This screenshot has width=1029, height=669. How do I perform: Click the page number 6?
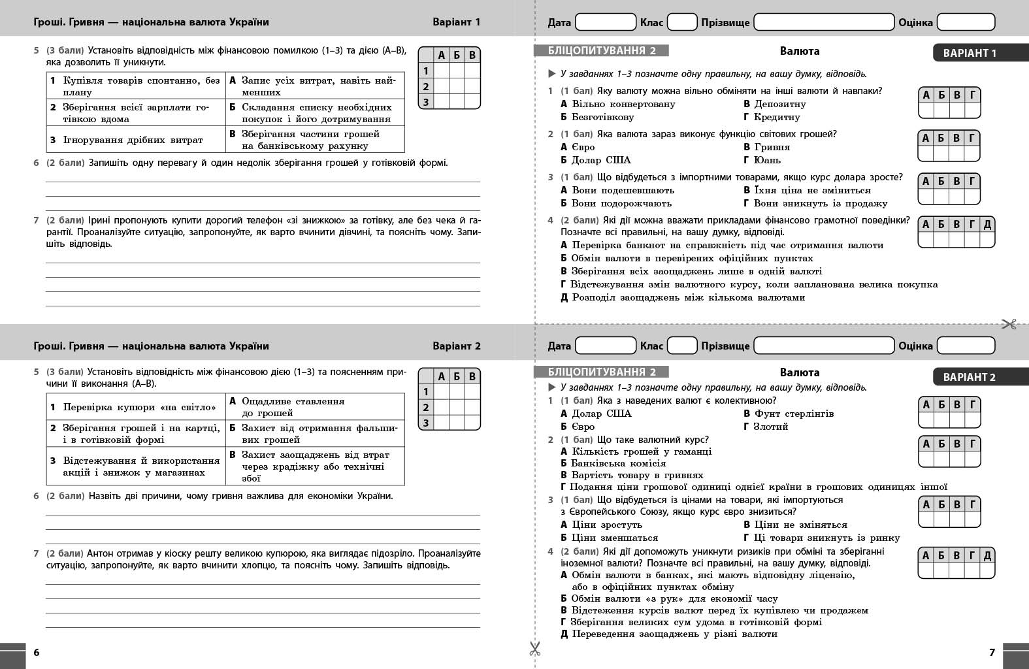click(x=37, y=652)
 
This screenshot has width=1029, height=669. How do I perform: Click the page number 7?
click(x=992, y=652)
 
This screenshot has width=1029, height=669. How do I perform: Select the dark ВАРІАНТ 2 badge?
click(x=970, y=377)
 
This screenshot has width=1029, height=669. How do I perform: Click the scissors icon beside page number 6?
click(x=535, y=649)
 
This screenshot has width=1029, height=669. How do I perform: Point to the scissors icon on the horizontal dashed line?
click(x=1009, y=323)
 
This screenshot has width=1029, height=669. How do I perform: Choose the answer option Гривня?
click(x=772, y=147)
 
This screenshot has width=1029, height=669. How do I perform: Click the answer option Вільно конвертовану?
click(x=623, y=104)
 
